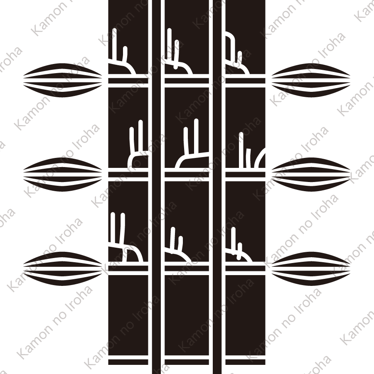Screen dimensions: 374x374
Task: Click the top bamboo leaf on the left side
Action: coord(62,77)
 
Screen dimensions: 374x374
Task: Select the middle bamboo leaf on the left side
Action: coord(62,171)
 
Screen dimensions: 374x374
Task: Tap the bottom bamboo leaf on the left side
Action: coord(62,266)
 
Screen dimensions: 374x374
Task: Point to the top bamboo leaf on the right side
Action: coord(311,77)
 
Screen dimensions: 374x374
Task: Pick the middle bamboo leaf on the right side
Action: coord(311,171)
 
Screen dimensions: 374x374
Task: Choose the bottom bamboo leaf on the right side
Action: coord(311,266)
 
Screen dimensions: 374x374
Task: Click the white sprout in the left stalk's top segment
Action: coord(124,64)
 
